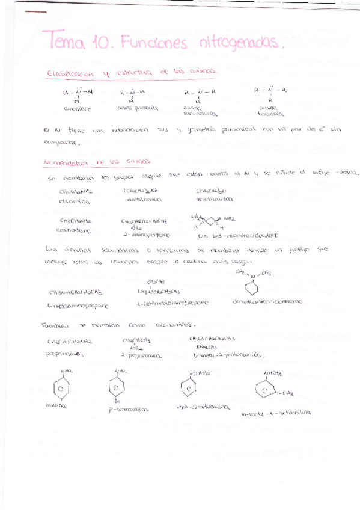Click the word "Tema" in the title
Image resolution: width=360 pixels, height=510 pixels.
coord(65,42)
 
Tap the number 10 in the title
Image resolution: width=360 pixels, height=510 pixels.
coord(100,42)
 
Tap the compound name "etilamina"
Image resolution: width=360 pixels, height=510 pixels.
coord(75,201)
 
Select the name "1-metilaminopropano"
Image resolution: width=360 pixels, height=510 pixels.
coord(76,306)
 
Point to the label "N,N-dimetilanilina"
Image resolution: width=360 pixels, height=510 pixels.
coord(202,407)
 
